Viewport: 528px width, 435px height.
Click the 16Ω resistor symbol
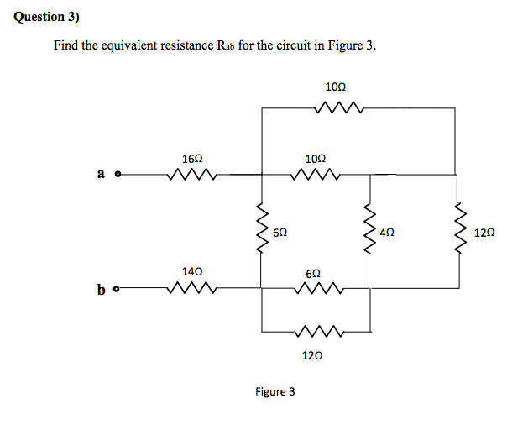coord(192,176)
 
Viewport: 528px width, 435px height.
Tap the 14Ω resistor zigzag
coord(192,289)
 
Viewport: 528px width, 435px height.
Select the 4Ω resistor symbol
coord(367,230)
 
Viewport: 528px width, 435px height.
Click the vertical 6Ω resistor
coord(261,230)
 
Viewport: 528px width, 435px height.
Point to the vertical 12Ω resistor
coord(457,230)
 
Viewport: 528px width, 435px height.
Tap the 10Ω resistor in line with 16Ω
coord(314,176)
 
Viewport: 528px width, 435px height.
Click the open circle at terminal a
coord(118,176)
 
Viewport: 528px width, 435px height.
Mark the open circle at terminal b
coord(118,290)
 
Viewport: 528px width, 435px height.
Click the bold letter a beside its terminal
coord(101,174)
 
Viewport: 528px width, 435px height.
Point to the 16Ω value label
coord(191,158)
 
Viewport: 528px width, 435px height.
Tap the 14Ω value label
coord(191,272)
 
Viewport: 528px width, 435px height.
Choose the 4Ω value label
coord(387,232)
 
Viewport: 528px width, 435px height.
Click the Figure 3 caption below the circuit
coord(274,391)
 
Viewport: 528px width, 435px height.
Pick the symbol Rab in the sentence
coord(222,46)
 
